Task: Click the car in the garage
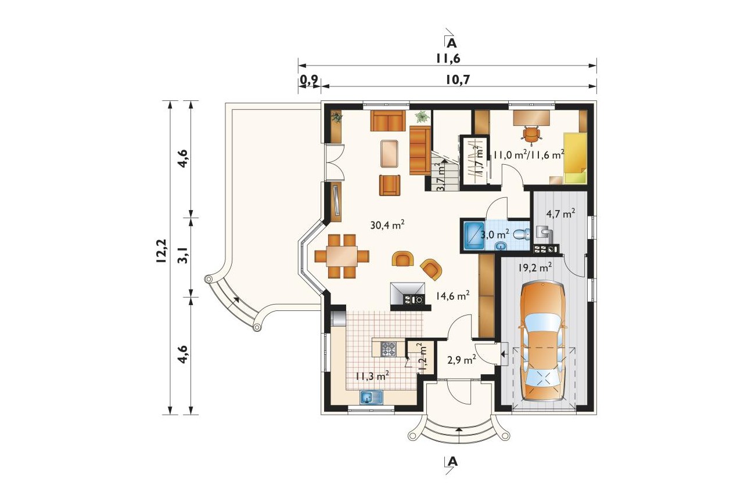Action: (542, 342)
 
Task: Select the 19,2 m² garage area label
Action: (535, 267)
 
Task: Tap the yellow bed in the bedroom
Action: (575, 158)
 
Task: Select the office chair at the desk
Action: (532, 135)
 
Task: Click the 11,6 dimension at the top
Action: (448, 59)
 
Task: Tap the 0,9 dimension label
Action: (309, 79)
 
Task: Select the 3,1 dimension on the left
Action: (183, 255)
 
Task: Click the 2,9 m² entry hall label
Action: (462, 360)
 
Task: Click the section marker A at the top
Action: (452, 43)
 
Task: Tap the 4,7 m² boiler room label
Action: (560, 213)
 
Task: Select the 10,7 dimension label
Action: (458, 79)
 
